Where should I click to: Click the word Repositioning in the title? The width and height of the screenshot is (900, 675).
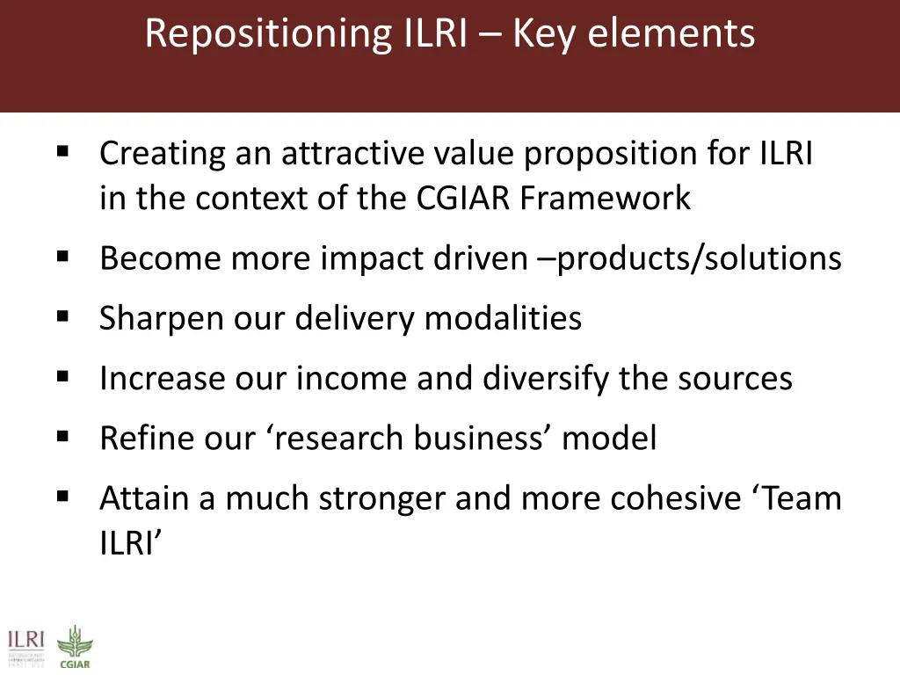267,34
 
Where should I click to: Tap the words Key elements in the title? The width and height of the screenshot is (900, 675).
634,34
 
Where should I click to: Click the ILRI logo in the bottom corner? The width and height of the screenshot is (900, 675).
26,646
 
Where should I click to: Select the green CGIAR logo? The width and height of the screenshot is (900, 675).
74,647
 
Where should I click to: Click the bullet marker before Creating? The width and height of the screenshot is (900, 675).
62,150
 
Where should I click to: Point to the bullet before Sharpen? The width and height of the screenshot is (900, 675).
62,315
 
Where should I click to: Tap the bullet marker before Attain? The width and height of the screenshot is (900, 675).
62,496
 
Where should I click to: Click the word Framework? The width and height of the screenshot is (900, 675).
605,199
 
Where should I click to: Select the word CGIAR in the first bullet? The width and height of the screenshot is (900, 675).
464,199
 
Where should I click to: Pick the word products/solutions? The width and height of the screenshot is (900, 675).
700,258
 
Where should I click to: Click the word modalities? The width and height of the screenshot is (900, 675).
503,318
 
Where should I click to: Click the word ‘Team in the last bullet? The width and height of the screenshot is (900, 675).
797,498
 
